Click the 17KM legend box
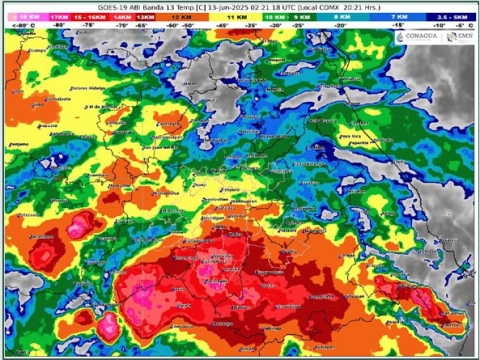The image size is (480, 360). coord(57,18)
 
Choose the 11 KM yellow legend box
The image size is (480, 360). coord(237,18)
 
